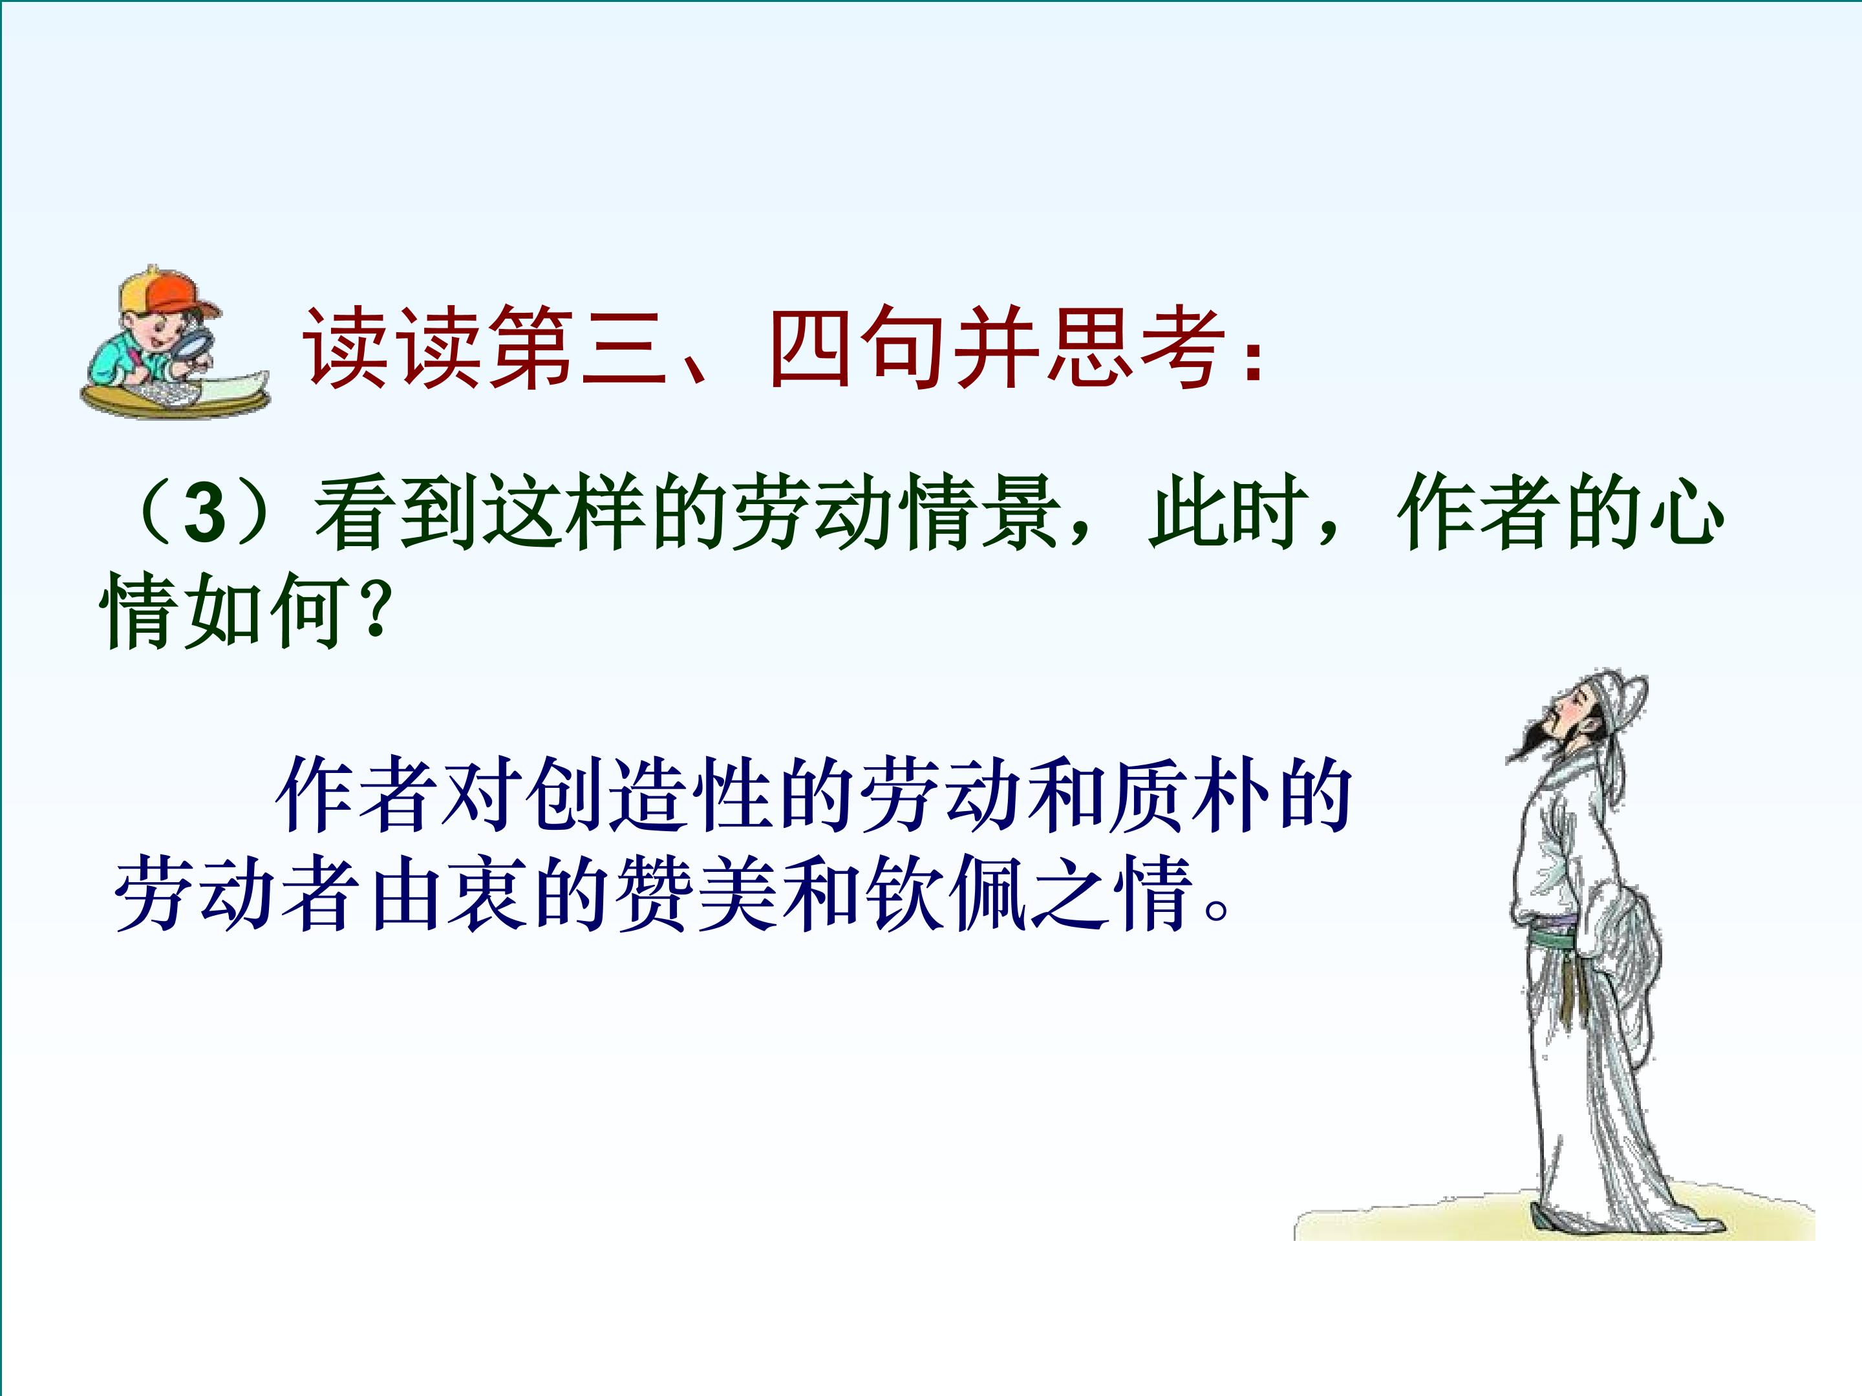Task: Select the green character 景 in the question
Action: (1020, 513)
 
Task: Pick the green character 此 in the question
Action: (1186, 513)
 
